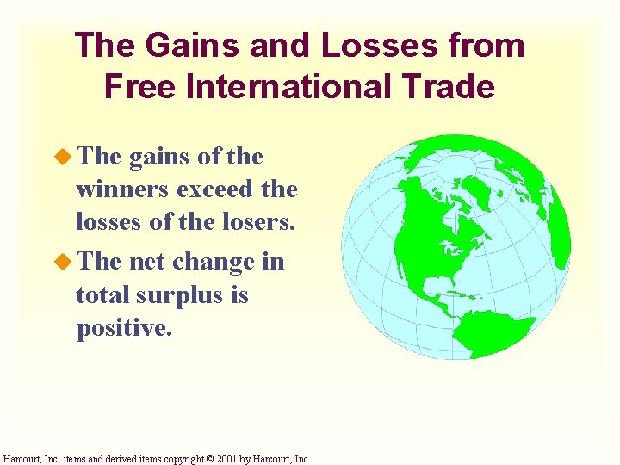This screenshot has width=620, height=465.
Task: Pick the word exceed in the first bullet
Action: (220, 189)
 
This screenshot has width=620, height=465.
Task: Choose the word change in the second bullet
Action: (212, 261)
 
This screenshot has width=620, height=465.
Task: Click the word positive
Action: (123, 330)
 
